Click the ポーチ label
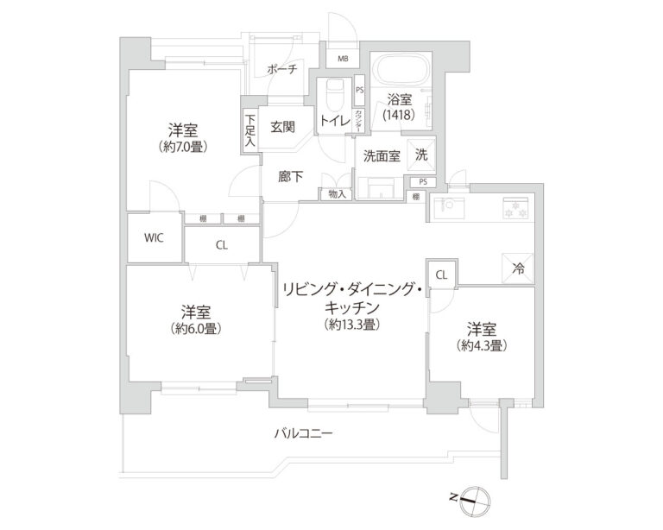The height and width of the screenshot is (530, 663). (281, 70)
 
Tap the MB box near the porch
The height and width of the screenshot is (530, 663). (343, 60)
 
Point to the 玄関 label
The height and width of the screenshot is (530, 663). (283, 127)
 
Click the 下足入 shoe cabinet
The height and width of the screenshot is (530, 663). (250, 131)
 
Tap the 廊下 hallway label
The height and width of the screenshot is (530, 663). (291, 176)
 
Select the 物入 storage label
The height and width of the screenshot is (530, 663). (337, 194)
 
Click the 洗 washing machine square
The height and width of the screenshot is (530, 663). (421, 155)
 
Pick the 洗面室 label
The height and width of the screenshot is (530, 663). (381, 157)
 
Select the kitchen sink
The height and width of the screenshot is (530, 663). (449, 207)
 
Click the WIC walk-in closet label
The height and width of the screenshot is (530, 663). (155, 237)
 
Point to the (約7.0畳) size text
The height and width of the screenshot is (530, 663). (185, 147)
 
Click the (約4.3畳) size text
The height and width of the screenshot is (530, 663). (481, 345)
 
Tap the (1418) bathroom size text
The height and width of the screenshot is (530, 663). (399, 115)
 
